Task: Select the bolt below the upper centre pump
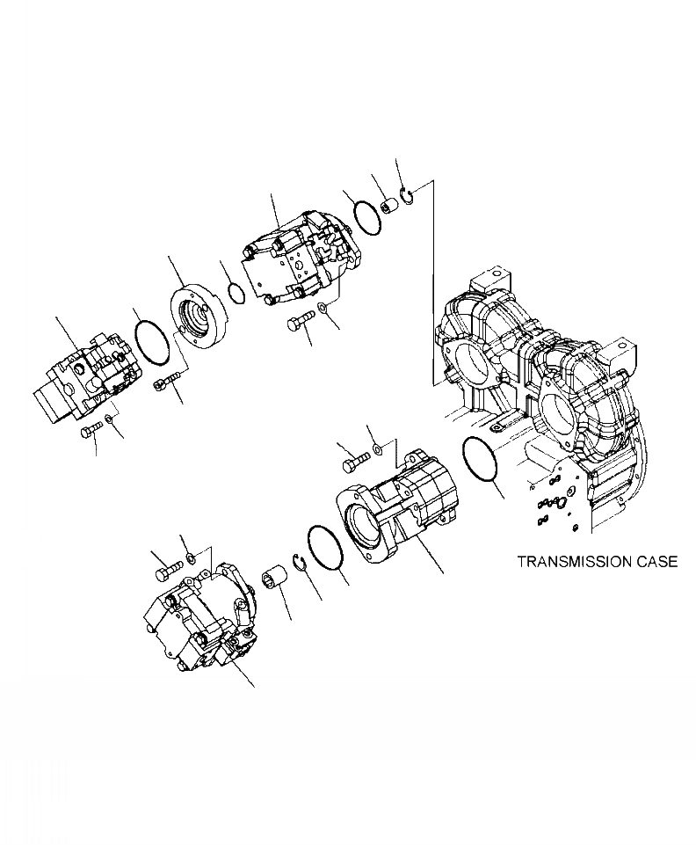[299, 322]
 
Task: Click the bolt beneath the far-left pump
[91, 430]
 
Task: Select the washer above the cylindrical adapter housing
[376, 450]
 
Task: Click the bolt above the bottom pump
[168, 572]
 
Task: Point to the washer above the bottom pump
[190, 559]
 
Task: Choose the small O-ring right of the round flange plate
[235, 291]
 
